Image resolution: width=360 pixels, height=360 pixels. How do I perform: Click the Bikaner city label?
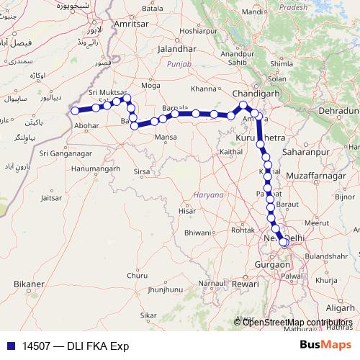pos(28,284)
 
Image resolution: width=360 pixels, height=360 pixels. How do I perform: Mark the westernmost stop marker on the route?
pos(73,110)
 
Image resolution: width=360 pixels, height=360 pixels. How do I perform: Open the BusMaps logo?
pos(325,345)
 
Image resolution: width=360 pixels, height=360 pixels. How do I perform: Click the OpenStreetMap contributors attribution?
pos(297,322)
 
